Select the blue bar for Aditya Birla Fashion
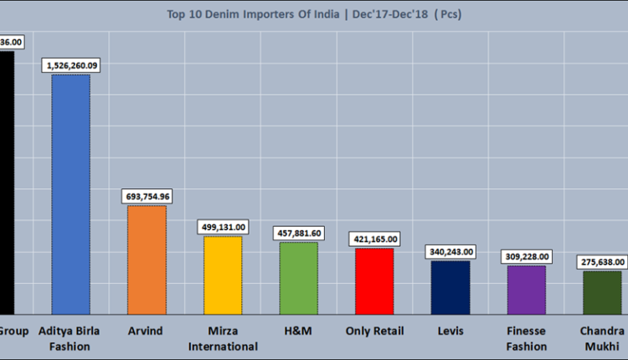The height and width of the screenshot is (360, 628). point(70,193)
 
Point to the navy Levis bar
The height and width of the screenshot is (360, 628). point(450,285)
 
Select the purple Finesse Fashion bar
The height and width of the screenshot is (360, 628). point(526,288)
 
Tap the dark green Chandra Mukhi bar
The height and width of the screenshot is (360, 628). point(602,291)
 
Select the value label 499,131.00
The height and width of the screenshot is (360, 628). point(223,226)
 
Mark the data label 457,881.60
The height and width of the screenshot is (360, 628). point(298,232)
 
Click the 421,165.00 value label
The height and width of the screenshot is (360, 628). point(374,239)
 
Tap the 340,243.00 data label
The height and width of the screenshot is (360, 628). point(450,251)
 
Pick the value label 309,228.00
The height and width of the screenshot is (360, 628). point(526,255)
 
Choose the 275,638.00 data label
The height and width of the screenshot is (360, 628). point(602,261)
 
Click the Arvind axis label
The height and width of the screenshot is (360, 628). point(147,331)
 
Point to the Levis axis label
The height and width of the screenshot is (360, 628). point(450,331)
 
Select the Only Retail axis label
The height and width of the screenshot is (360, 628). point(374,331)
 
